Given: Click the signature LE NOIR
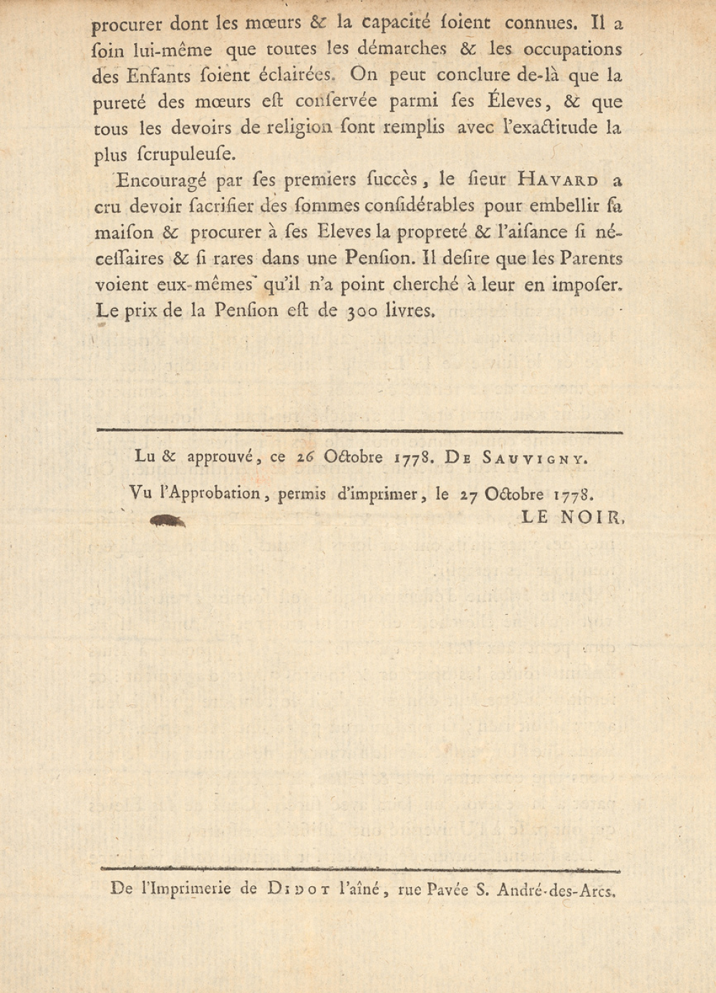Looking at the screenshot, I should point(573,517).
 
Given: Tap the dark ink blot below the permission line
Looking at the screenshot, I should point(168,522).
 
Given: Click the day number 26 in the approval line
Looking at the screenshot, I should point(306,457).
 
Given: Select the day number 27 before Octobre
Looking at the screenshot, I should point(469,494).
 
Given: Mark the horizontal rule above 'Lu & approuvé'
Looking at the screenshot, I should point(359,431).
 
